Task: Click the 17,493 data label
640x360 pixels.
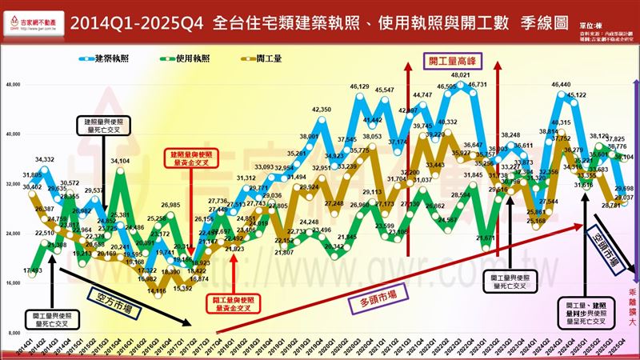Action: click(34, 270)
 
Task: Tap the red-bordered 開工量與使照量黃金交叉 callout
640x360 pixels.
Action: click(232, 302)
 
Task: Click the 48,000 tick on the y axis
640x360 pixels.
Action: click(13, 84)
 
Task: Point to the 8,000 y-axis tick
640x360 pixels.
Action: click(14, 331)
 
